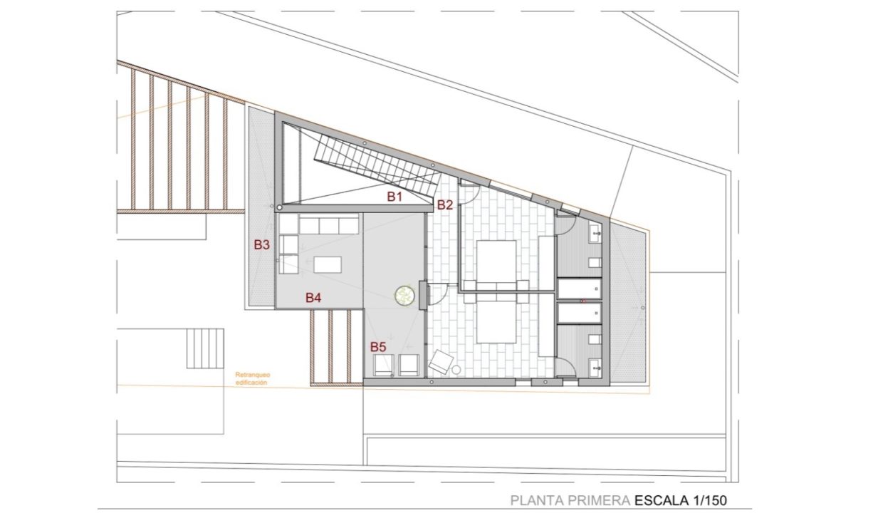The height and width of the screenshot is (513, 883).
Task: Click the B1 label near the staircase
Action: [x=395, y=197]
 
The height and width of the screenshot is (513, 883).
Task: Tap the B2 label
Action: [x=445, y=205]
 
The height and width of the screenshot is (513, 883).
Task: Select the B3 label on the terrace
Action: [x=262, y=245]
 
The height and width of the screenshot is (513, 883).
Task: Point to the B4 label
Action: [x=313, y=298]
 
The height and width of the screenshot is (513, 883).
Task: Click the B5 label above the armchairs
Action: [x=378, y=347]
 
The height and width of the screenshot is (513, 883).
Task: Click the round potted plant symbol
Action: [x=405, y=295]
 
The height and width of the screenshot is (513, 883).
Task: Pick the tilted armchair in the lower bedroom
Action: [x=441, y=361]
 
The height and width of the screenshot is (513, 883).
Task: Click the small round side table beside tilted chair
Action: [x=456, y=370]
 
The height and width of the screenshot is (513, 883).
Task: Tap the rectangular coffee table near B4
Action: [x=328, y=264]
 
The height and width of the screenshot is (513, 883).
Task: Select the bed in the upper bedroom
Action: [x=496, y=265]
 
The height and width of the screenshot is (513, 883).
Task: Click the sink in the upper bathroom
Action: [x=595, y=233]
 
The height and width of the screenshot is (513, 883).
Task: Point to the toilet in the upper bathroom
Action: [x=595, y=263]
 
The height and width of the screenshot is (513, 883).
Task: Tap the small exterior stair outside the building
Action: [x=205, y=348]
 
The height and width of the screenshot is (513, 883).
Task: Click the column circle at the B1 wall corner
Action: [x=279, y=207]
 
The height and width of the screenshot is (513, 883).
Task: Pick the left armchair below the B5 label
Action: [x=384, y=365]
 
